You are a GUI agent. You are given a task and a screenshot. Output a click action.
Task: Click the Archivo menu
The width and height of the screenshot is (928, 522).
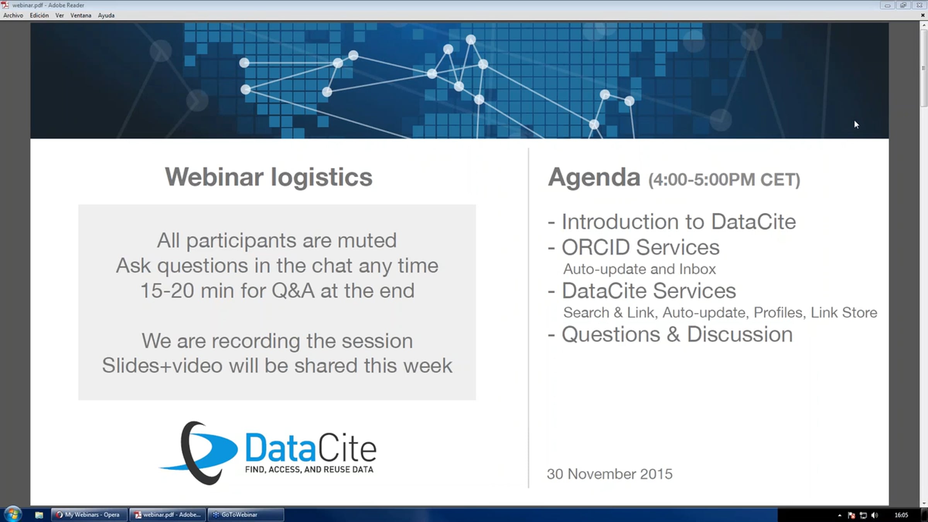coord(13,15)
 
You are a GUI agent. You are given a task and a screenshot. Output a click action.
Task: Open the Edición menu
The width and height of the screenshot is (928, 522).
coord(39,15)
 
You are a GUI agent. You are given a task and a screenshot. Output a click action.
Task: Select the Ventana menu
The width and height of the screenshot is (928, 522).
coord(81,15)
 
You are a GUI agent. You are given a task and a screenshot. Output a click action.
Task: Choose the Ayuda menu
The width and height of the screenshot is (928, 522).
coord(106,15)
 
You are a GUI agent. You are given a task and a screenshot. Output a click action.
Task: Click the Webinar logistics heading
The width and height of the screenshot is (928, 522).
coord(269,177)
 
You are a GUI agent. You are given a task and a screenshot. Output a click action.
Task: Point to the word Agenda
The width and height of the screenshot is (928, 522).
coord(594,177)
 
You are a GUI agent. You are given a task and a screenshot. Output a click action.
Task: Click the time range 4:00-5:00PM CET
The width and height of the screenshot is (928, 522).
coord(724,180)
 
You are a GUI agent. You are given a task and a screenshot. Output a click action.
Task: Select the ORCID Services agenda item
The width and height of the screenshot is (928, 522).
coord(640,247)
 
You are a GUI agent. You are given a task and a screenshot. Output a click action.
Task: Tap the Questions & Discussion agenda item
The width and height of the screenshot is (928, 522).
coord(677,334)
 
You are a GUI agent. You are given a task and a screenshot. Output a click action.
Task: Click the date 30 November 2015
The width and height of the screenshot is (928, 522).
coord(610,474)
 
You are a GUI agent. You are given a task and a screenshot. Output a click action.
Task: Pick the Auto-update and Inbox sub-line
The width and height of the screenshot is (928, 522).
coord(640,269)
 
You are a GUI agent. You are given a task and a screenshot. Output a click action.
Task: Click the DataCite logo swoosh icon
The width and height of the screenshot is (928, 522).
coord(199,453)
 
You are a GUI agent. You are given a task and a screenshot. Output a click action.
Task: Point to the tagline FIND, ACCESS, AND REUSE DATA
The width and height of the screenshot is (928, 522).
coord(309,469)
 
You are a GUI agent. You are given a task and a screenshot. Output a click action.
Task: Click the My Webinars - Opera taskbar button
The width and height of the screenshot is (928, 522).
coord(89,515)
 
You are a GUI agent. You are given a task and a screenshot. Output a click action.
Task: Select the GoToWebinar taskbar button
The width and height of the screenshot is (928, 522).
coord(246,515)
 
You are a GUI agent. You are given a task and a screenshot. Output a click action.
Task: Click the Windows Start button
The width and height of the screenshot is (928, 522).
coord(13,514)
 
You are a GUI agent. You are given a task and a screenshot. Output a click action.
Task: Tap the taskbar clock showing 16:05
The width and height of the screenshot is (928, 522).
coord(901,515)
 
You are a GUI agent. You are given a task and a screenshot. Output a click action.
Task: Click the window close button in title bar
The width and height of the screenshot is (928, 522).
coord(919,5)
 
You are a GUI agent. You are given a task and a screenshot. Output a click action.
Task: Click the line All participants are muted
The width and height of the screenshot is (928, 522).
coord(277,241)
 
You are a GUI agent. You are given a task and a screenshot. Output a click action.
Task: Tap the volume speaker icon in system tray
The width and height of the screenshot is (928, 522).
coord(875,515)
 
